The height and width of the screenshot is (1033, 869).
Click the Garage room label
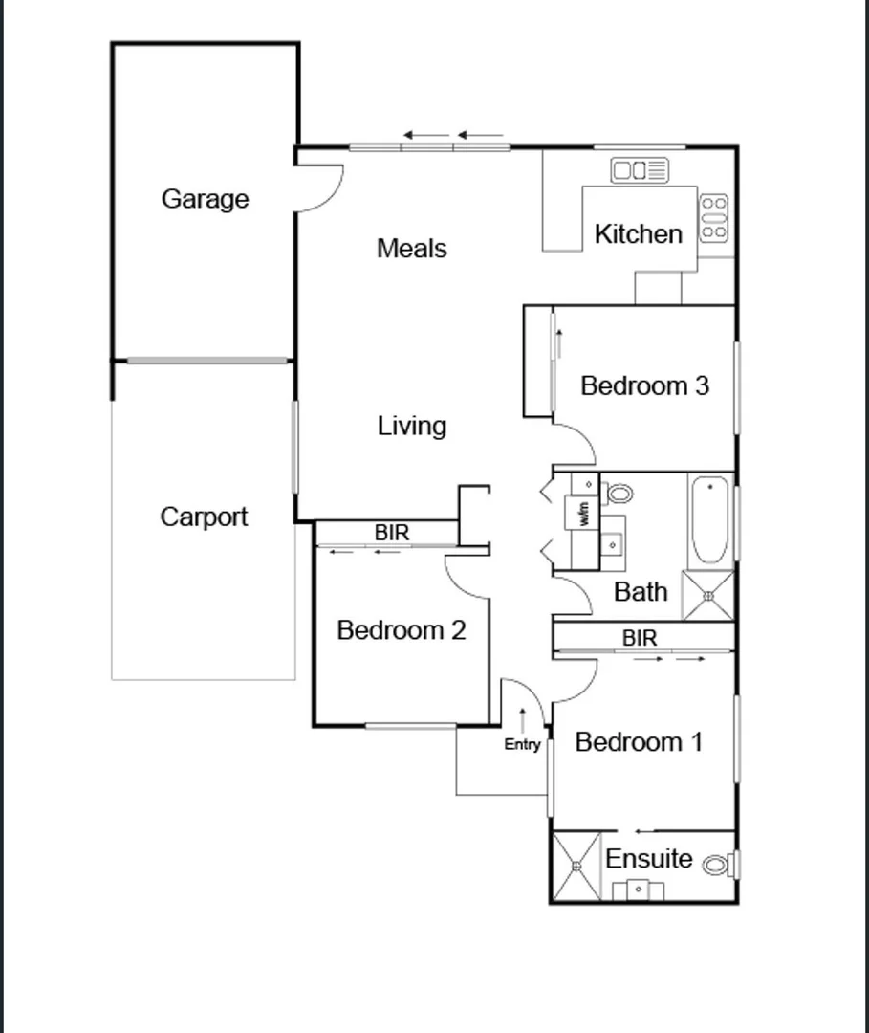pos(205,199)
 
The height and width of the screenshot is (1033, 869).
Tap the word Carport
pos(204,517)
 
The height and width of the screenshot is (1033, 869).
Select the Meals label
pos(411,249)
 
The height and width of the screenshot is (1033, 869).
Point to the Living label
pos(411,426)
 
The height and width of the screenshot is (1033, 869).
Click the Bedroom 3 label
pos(644,386)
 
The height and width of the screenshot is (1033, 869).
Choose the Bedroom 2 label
pos(402,631)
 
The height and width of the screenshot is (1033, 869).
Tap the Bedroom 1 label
pos(639,742)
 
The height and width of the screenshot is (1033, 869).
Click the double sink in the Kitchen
pos(640,171)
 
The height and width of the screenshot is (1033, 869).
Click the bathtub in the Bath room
pos(708,521)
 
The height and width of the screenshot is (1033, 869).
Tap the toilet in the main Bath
pos(619,495)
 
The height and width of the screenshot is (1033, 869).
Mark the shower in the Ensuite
pos(577,867)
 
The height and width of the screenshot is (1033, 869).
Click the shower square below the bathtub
pos(708,596)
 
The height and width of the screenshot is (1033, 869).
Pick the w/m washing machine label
pos(583,514)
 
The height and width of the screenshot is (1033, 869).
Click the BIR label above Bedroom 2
pos(391,534)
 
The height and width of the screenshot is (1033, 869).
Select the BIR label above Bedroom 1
pos(640,637)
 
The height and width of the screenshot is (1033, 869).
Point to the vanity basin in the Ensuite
pos(638,890)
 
